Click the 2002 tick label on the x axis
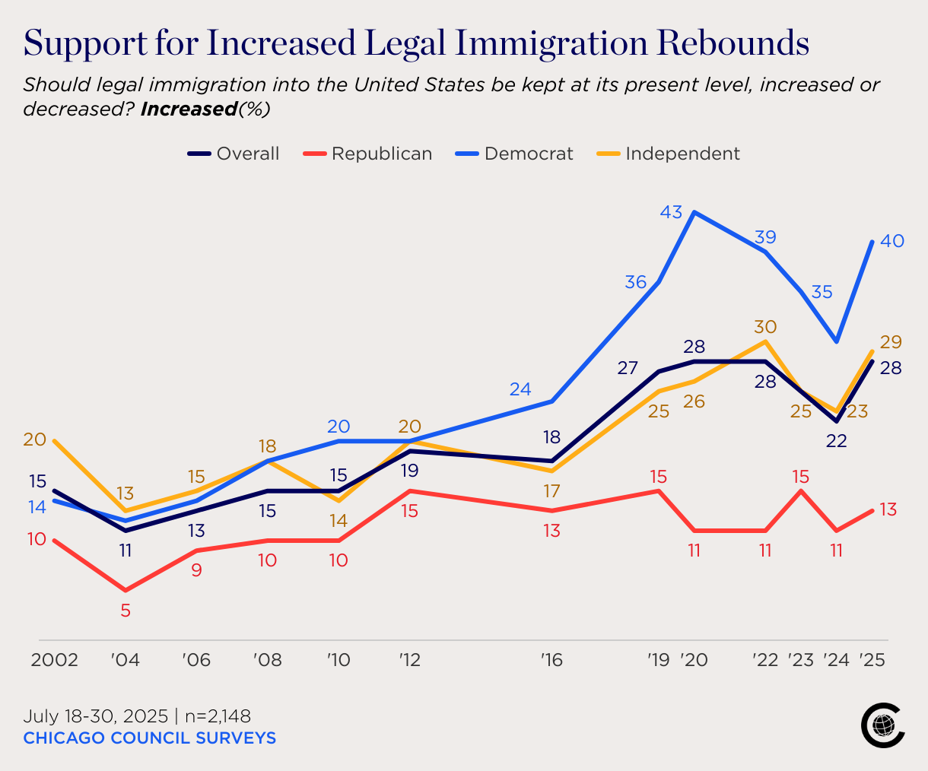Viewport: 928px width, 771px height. point(54,659)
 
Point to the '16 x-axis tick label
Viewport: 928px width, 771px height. point(551,659)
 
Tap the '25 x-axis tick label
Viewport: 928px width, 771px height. point(872,659)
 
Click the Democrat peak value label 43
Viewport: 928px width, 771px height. point(671,212)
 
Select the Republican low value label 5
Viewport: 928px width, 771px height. point(126,610)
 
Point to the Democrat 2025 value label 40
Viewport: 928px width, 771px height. point(891,241)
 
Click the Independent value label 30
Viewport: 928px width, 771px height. point(765,327)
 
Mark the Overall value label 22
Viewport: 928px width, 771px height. point(837,441)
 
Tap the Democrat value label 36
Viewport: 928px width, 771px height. point(636,282)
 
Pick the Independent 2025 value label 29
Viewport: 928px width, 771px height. point(891,342)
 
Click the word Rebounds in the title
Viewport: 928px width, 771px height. point(733,43)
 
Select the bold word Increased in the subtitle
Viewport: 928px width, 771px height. point(189,109)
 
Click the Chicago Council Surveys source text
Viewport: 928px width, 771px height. point(149,738)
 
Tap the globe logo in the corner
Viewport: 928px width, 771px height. point(883,725)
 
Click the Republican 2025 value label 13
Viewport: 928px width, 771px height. point(888,509)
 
